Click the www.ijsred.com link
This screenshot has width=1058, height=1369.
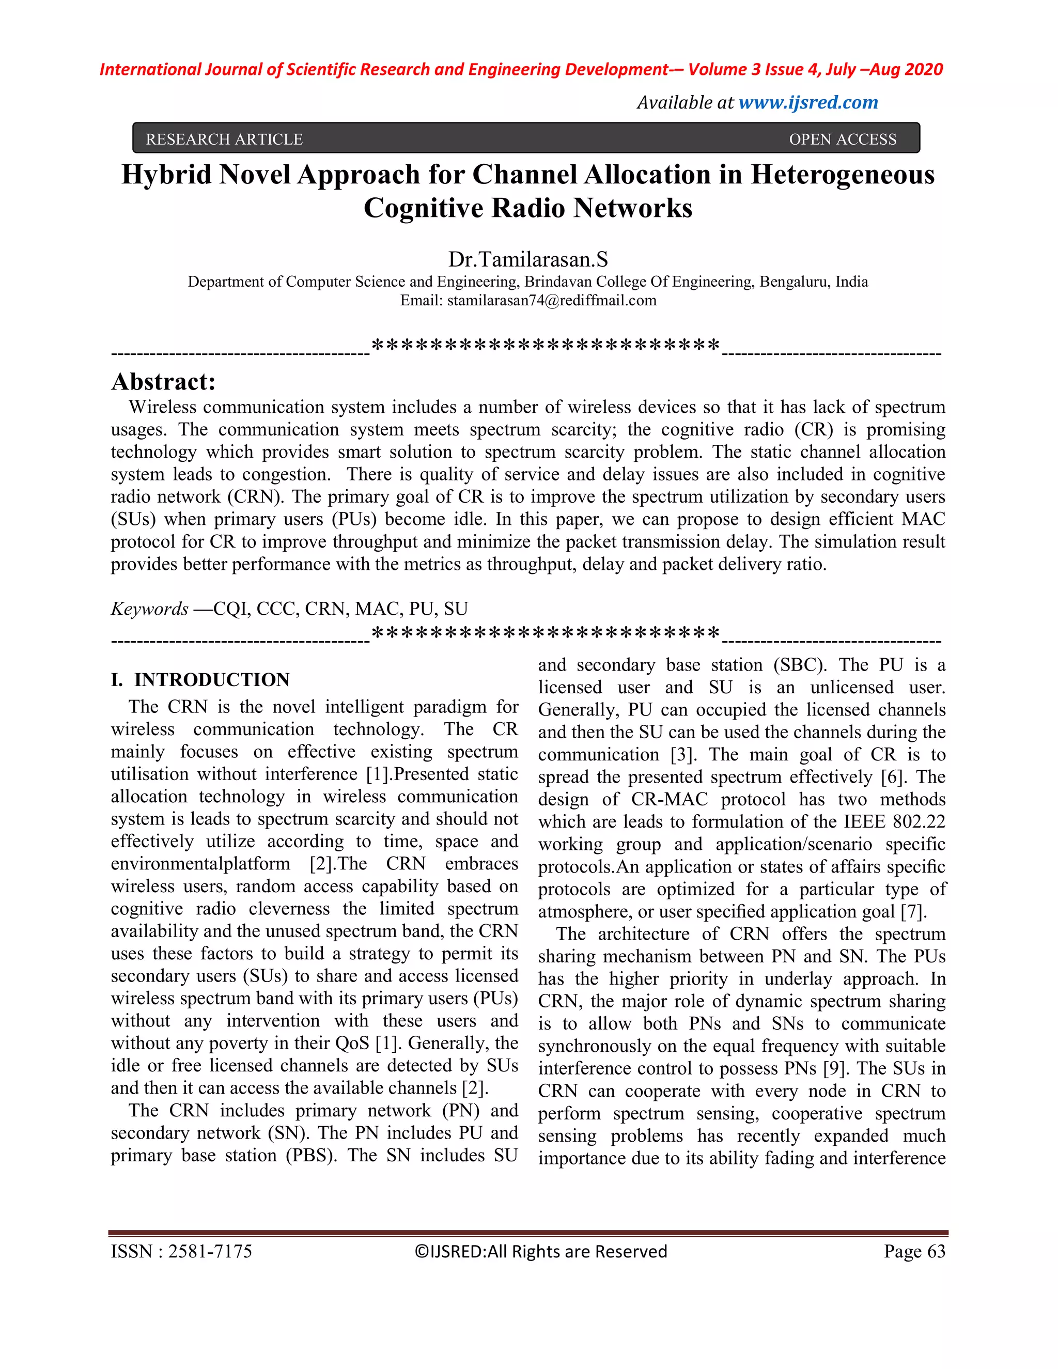(x=808, y=103)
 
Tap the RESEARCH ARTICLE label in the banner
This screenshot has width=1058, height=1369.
(x=224, y=139)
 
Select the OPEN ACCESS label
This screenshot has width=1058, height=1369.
(x=843, y=139)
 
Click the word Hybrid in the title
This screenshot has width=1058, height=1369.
(x=166, y=175)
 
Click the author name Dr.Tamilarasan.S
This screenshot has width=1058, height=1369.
(x=528, y=259)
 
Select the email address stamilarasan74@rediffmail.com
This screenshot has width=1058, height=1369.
(x=552, y=301)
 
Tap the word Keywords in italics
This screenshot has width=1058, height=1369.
(x=149, y=609)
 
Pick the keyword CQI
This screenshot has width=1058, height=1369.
(x=230, y=609)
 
